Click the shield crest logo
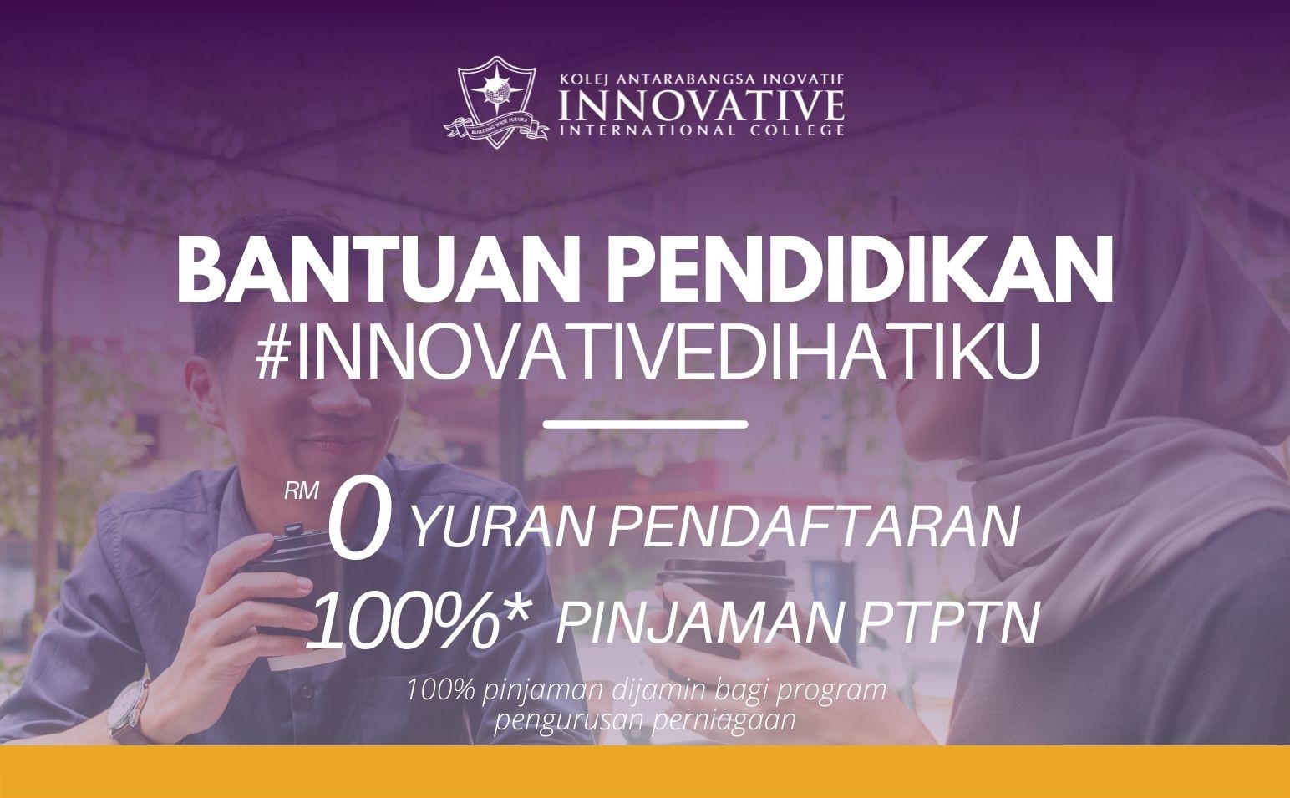(495, 101)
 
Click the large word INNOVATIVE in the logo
(702, 104)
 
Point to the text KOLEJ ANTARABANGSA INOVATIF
(702, 79)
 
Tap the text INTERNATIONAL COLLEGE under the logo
(702, 130)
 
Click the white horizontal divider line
(646, 424)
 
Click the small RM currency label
(302, 490)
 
